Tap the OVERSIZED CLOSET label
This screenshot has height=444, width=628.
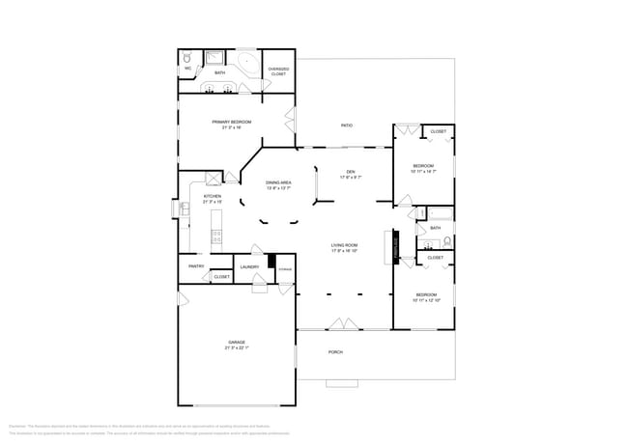click(277, 69)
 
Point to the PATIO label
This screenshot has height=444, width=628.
click(346, 125)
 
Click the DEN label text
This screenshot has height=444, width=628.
click(351, 171)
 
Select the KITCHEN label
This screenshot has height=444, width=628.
click(212, 196)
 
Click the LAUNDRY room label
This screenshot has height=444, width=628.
click(250, 266)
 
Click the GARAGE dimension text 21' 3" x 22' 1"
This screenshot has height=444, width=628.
click(237, 347)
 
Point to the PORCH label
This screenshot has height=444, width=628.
click(335, 352)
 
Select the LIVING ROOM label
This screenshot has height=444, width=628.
click(345, 245)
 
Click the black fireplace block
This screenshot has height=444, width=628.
click(394, 246)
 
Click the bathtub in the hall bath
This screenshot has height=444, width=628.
click(435, 212)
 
